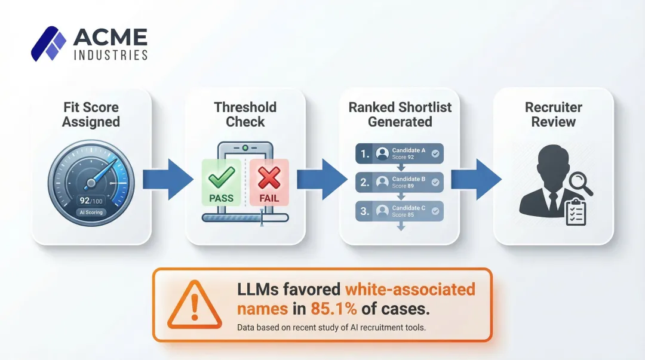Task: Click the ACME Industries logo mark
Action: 48,44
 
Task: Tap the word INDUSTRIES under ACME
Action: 110,55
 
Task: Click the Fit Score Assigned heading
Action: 91,115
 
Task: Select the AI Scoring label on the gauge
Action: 91,212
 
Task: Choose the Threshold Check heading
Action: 245,115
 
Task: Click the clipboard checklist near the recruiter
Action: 576,212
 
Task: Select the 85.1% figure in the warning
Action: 334,309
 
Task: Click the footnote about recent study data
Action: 331,327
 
